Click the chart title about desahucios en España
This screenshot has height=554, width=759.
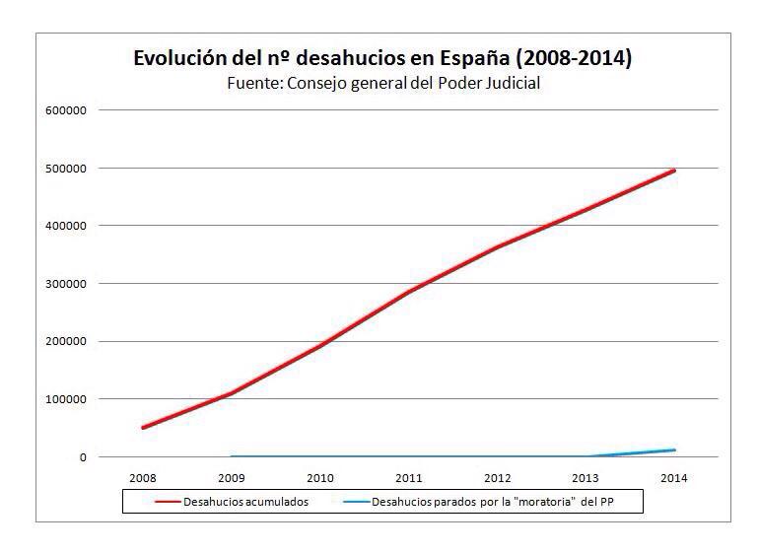pos(382,58)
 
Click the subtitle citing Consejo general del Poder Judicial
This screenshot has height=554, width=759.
pos(383,84)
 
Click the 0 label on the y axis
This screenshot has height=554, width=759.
pos(83,457)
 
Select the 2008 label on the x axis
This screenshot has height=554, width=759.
pos(143,478)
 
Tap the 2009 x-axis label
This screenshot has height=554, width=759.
pos(232,478)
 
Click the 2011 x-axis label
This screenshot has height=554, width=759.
pos(409,478)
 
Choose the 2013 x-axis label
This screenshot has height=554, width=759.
pos(586,478)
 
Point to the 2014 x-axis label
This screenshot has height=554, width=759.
pos(675,478)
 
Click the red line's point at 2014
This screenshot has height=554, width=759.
pos(675,170)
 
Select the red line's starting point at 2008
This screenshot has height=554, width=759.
pos(143,428)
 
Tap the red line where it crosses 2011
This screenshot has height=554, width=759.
pos(409,292)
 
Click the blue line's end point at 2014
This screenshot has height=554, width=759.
pos(675,450)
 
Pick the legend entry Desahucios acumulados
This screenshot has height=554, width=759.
pos(233,502)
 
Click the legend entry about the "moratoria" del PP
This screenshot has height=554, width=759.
pos(493,502)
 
